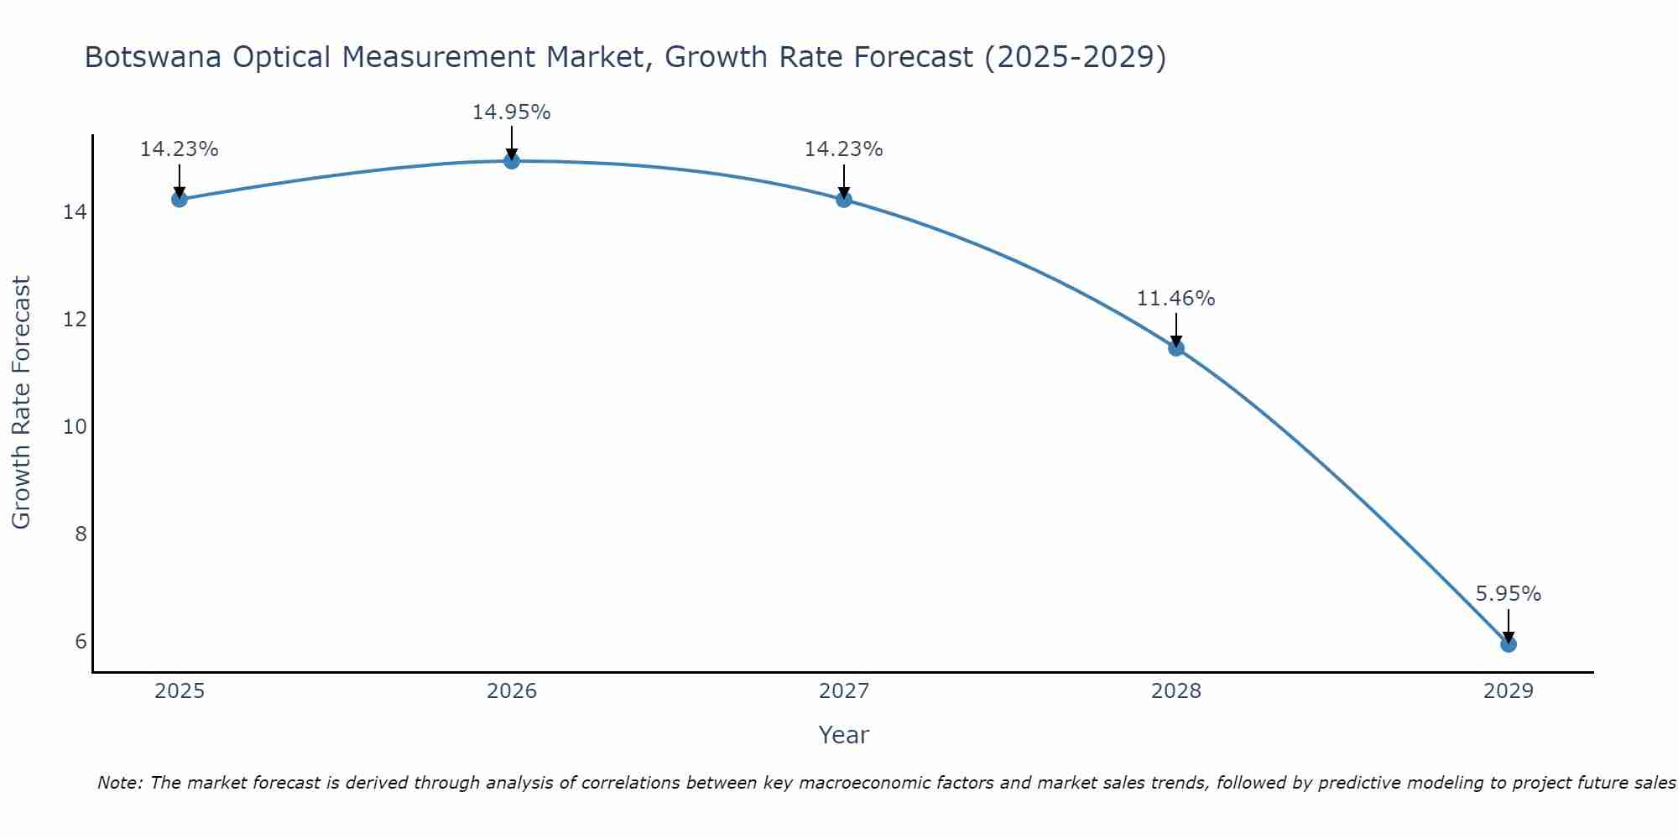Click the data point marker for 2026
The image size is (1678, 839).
[x=512, y=160]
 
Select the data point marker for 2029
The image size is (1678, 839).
[x=1508, y=644]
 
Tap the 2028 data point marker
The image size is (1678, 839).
[x=1176, y=347]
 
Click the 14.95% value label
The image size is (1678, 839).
[x=511, y=112]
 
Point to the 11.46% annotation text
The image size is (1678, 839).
[x=1175, y=299]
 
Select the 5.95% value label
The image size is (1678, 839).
[x=1508, y=594]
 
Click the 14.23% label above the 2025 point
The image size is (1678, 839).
[x=179, y=149]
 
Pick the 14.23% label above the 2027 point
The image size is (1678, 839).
[x=843, y=149]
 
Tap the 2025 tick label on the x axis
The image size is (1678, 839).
[x=180, y=691]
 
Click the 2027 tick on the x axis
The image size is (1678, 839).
[x=844, y=691]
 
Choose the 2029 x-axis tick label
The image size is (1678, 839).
[x=1508, y=691]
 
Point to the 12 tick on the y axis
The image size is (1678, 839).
[x=76, y=320]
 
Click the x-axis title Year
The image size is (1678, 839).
[x=843, y=735]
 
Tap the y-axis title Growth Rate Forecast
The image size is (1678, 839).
[x=22, y=403]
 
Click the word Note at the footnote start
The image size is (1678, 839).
[x=121, y=783]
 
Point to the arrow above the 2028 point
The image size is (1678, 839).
[x=1176, y=330]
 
